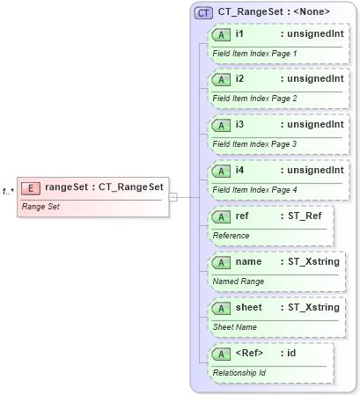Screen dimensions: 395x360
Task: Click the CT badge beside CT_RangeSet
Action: point(203,12)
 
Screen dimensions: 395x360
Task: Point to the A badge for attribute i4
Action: point(223,170)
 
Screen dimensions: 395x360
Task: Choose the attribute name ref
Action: point(242,216)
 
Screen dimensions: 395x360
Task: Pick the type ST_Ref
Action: point(305,216)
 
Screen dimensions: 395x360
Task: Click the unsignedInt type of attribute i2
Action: point(311,79)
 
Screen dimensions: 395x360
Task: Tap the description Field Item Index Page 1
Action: point(254,54)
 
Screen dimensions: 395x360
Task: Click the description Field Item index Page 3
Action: point(254,144)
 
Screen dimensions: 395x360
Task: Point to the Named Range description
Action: point(238,282)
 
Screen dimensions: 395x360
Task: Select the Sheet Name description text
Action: point(236,326)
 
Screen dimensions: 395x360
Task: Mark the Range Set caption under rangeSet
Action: point(40,206)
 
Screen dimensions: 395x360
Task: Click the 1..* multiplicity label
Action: point(8,191)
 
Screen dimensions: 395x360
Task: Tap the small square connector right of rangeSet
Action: point(173,196)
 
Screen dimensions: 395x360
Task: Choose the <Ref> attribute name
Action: point(250,353)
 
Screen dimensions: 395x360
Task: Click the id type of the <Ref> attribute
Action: point(290,353)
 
